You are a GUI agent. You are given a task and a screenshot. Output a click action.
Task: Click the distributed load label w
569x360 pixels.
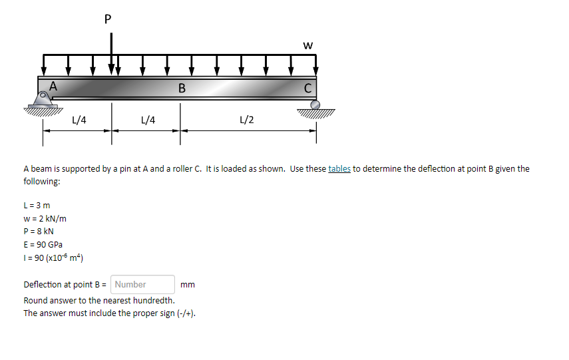(x=307, y=45)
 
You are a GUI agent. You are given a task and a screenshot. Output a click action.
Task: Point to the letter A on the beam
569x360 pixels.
(x=53, y=85)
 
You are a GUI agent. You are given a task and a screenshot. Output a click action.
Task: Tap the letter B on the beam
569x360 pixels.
(x=182, y=89)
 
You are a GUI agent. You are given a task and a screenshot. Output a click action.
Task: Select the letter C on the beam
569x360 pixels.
(x=307, y=89)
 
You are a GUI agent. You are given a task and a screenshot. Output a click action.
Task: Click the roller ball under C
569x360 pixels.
(x=315, y=104)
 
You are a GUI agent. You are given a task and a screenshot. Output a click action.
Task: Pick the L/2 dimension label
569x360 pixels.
(x=246, y=120)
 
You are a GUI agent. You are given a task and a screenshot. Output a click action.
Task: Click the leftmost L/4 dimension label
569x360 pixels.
(x=79, y=120)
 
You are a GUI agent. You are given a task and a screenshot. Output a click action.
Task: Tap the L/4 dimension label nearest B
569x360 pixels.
(x=148, y=120)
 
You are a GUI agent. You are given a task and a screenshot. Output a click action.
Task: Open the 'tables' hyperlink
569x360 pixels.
(x=339, y=168)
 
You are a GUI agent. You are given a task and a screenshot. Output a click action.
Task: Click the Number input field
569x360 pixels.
(x=143, y=284)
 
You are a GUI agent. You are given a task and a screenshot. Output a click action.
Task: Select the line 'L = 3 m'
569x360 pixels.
(x=37, y=205)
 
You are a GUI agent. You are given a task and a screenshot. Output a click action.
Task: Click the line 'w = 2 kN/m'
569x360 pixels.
(x=45, y=218)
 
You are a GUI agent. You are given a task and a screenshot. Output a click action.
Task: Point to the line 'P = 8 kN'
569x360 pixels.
(x=39, y=232)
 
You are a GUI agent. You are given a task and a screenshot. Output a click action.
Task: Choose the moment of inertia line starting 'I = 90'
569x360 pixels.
(x=53, y=258)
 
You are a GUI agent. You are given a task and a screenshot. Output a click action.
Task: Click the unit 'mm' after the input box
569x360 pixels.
(x=188, y=285)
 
